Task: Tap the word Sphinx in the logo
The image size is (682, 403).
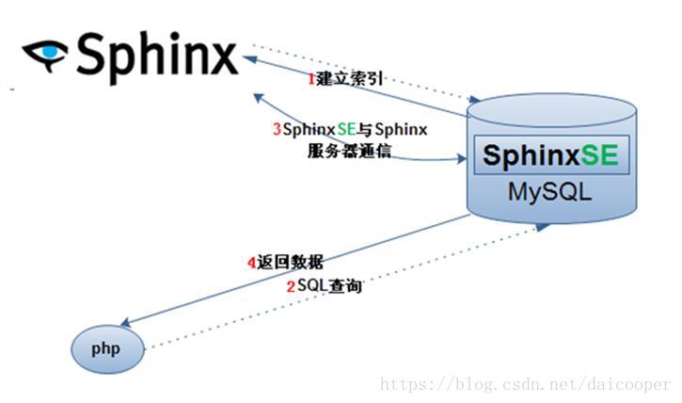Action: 155,54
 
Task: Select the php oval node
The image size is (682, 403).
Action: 105,349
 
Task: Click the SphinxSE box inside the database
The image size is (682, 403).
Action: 550,155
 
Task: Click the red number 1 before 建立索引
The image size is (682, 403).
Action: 311,79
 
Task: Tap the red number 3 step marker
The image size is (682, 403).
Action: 277,130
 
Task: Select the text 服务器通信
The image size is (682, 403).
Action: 349,151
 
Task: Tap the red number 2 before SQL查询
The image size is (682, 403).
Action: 291,286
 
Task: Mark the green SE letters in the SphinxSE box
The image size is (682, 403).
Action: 599,155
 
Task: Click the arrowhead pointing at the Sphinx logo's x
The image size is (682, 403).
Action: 249,58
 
